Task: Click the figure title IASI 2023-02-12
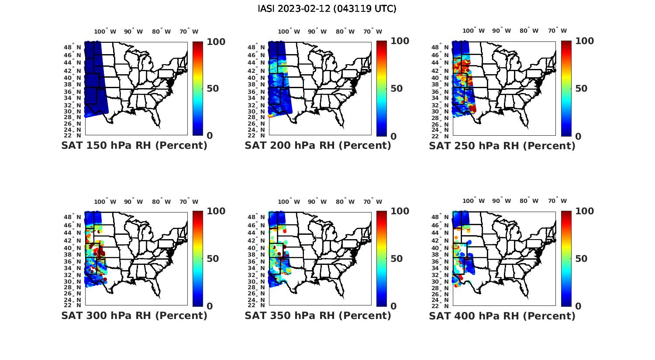[x=327, y=9]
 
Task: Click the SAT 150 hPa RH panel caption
[x=134, y=145]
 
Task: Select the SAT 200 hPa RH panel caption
[x=318, y=145]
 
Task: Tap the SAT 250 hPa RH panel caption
[x=502, y=145]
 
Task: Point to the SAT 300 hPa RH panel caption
[x=134, y=315]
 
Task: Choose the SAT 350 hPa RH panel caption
[x=318, y=315]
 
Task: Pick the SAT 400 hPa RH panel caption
[x=502, y=315]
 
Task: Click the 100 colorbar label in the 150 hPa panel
[x=216, y=41]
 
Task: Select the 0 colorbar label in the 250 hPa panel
[x=579, y=136]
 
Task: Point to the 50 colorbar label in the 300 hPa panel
[x=213, y=259]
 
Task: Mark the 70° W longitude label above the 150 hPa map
[x=189, y=31]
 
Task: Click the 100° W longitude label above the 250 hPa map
[x=474, y=31]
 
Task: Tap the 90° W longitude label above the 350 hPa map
[x=317, y=202]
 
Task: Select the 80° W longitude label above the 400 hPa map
[x=529, y=201]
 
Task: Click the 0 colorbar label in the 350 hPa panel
[x=393, y=306]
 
